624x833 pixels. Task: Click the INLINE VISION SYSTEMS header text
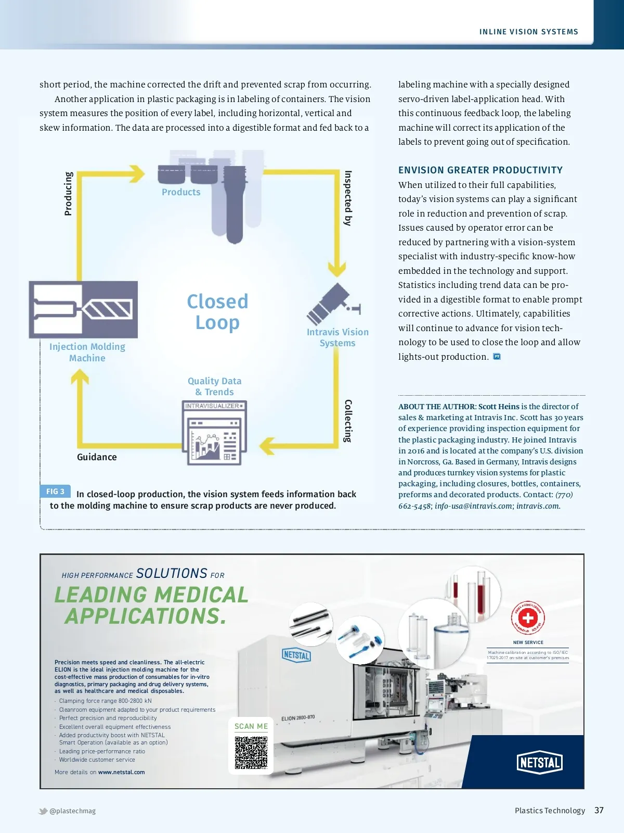point(528,32)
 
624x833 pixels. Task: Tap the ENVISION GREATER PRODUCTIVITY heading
point(480,170)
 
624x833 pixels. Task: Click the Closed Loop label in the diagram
point(217,312)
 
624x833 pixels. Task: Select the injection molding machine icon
point(83,310)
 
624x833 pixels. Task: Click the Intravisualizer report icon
point(214,433)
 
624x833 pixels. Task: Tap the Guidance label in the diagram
point(97,457)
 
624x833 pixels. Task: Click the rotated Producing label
point(68,194)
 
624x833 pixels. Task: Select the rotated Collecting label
point(348,421)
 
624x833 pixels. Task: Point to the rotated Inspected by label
point(348,198)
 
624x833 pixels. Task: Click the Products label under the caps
point(181,192)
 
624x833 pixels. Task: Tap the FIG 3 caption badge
point(55,491)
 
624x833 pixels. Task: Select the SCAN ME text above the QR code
point(251,726)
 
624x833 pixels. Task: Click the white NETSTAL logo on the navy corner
point(540,763)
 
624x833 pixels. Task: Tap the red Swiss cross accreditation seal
point(528,618)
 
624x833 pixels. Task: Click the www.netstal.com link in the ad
point(121,772)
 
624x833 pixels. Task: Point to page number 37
point(599,810)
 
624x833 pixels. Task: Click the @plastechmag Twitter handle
point(72,811)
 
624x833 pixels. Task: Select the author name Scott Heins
point(499,407)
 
